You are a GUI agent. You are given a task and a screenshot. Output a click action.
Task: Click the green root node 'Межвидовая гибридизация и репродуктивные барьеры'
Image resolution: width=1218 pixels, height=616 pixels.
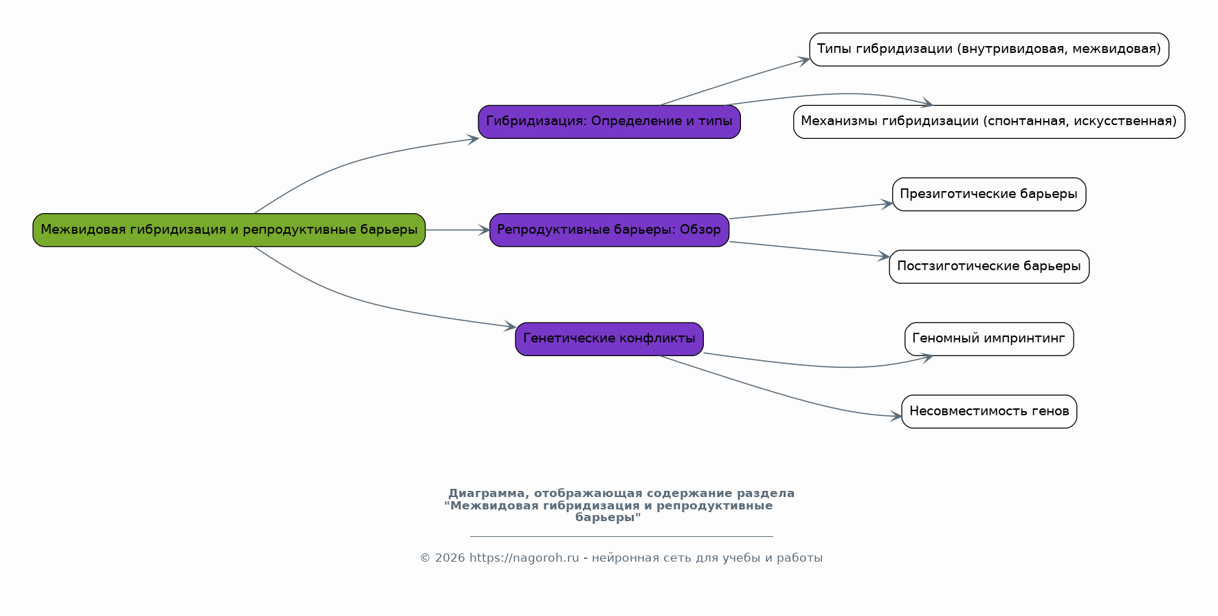pyautogui.click(x=229, y=230)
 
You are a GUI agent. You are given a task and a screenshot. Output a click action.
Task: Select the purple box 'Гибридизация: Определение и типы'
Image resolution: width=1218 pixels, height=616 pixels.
pyautogui.click(x=609, y=122)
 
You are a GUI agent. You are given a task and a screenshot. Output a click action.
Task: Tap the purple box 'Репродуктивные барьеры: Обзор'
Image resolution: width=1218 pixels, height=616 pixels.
pyautogui.click(x=609, y=230)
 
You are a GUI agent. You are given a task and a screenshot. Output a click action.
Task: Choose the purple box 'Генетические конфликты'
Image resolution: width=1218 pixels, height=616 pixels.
pyautogui.click(x=609, y=339)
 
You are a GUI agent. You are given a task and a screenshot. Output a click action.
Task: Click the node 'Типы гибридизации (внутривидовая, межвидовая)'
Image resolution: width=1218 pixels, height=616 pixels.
pyautogui.click(x=989, y=49)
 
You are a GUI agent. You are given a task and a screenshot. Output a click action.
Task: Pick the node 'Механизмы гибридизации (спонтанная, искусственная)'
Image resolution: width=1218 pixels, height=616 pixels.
pyautogui.click(x=989, y=122)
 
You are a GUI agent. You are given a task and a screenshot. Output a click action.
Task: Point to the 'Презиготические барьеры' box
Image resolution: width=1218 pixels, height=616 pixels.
pyautogui.click(x=989, y=194)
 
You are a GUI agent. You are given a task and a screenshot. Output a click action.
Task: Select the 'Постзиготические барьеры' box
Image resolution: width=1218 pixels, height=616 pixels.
pyautogui.click(x=989, y=266)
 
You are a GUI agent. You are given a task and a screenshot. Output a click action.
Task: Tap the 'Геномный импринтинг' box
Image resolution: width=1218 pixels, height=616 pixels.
pyautogui.click(x=989, y=339)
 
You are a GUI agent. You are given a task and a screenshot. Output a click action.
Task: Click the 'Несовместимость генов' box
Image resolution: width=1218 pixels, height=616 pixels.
pyautogui.click(x=989, y=411)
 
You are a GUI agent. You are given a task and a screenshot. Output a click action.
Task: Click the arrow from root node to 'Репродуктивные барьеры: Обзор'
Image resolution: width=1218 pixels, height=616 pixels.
pyautogui.click(x=458, y=230)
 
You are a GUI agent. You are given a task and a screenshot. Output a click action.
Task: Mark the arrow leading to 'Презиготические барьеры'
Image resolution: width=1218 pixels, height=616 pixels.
pyautogui.click(x=811, y=211)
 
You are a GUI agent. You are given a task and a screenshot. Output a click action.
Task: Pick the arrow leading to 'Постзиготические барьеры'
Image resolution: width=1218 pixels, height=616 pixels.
pyautogui.click(x=810, y=250)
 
